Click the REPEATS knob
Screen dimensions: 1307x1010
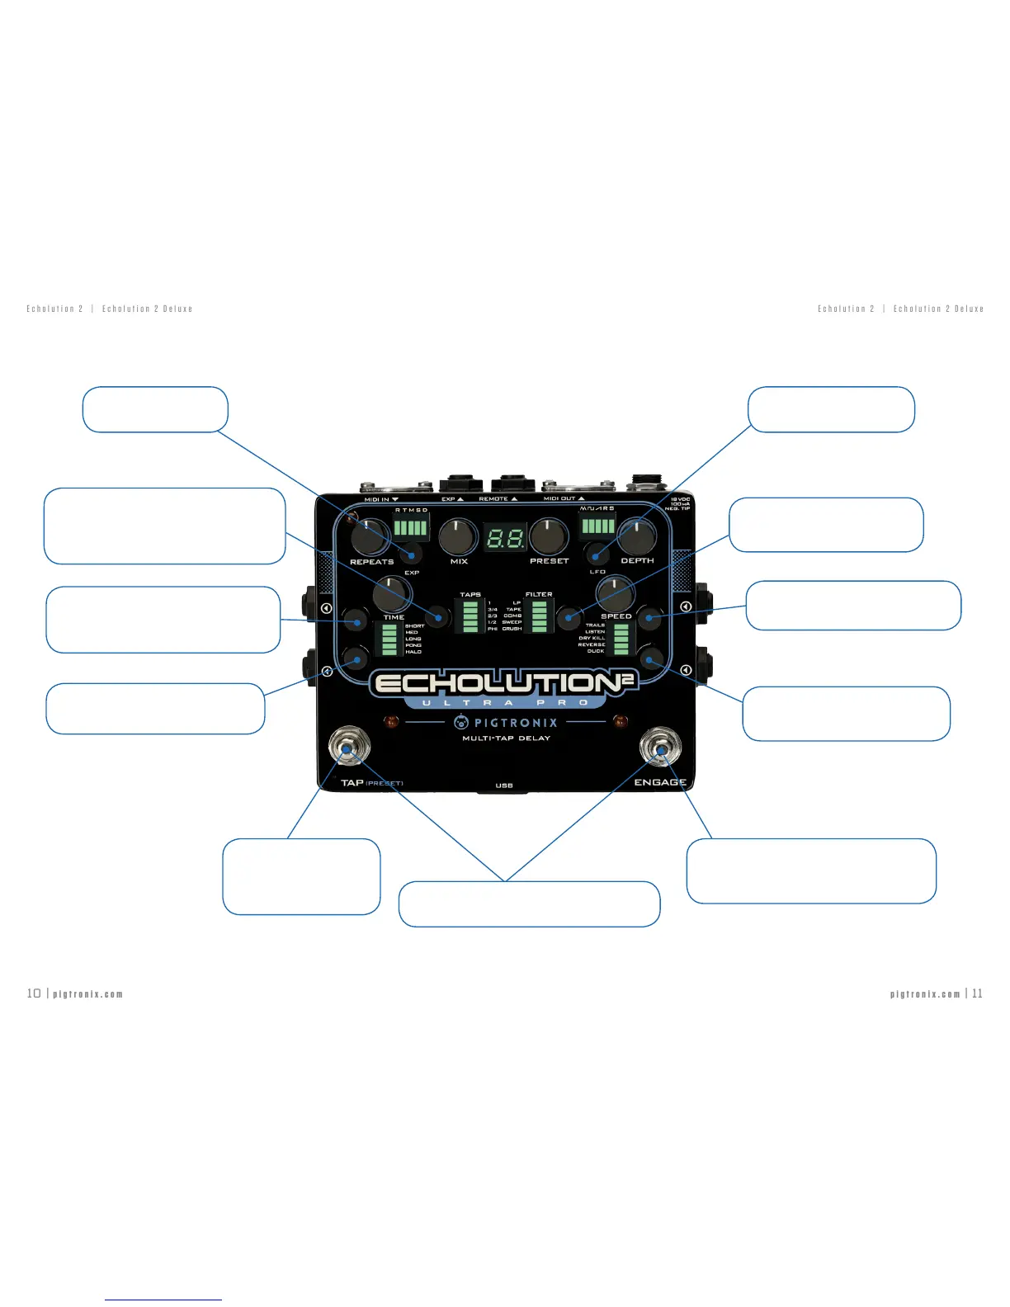369,537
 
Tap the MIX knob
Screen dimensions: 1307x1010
458,537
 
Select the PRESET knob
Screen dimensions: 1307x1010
548,536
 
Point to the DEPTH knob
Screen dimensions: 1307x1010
636,536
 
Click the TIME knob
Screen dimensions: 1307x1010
392,593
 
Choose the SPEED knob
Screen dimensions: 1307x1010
615,593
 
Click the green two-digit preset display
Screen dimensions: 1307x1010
505,539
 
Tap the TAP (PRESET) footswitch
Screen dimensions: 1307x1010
348,748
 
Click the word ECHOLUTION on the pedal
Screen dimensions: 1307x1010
495,683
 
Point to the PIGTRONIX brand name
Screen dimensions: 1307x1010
516,723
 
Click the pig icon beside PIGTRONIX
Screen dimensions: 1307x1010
461,722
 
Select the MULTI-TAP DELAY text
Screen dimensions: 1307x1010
506,738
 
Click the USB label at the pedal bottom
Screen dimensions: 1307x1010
504,786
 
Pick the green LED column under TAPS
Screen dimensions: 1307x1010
470,616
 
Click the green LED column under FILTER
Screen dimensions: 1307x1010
539,616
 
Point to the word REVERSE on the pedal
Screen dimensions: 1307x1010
592,644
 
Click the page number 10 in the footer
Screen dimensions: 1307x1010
34,993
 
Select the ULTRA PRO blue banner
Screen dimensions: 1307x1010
506,703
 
